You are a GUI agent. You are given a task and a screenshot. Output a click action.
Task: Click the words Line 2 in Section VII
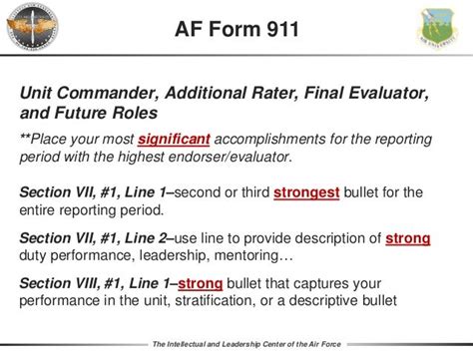pyautogui.click(x=149, y=239)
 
